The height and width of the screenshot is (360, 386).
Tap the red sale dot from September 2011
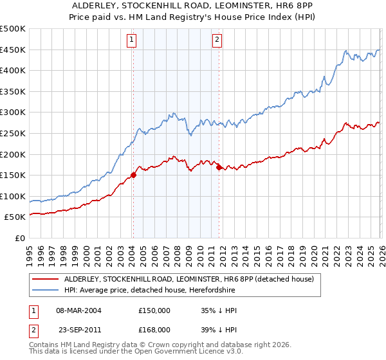coord(219,167)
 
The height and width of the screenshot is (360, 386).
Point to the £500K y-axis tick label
coord(13,30)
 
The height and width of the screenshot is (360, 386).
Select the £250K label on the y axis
coord(13,133)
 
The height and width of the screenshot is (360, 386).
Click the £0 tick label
coord(20,238)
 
